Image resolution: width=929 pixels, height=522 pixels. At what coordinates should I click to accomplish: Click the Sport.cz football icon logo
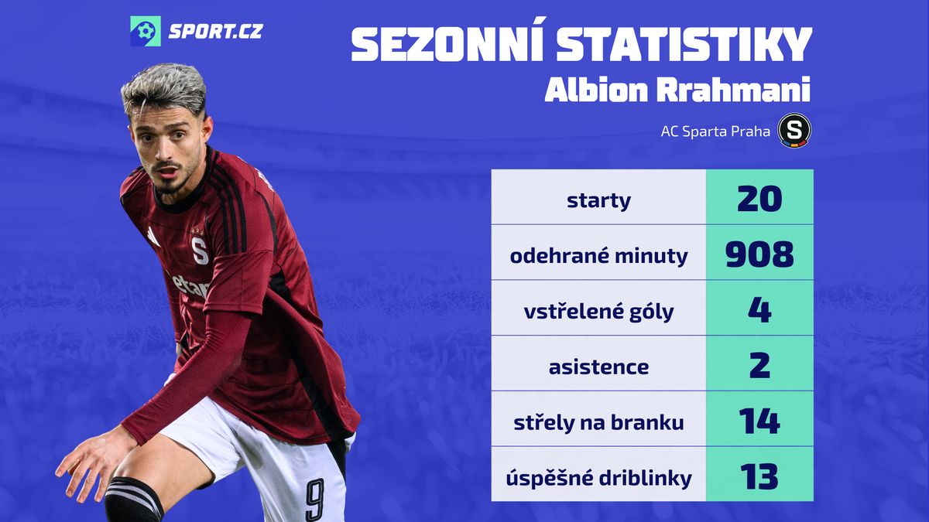point(146,31)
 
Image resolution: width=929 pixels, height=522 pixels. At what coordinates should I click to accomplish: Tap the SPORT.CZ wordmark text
point(216,32)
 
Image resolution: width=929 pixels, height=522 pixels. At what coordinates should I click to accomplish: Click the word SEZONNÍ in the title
point(447,43)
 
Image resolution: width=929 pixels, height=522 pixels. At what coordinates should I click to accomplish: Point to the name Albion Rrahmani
point(677,90)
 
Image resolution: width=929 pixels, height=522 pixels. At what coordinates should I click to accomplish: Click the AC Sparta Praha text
point(715,131)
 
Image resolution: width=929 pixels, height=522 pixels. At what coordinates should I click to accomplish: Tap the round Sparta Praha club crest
point(794,131)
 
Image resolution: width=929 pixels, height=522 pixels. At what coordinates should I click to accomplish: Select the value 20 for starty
point(759,199)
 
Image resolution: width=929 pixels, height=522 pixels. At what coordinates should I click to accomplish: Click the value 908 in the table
point(759,254)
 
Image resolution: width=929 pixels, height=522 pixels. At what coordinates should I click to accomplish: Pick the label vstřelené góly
point(598,312)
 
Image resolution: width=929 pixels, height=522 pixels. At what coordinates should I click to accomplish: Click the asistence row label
point(598,367)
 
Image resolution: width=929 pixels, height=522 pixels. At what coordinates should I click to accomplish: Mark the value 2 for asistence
point(759,365)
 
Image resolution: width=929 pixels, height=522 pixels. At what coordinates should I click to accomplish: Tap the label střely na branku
point(598,422)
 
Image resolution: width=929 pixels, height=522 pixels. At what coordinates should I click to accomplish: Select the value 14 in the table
point(759,421)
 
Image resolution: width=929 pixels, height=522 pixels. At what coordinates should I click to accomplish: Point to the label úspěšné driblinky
point(598,479)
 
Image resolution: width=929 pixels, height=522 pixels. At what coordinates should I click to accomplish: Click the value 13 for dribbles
point(759,476)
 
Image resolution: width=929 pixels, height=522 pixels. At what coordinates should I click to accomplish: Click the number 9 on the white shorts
point(315,500)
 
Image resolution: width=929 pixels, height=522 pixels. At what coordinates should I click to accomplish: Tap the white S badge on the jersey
point(201,251)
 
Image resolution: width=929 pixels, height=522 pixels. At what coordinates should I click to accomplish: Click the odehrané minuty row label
point(598,256)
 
